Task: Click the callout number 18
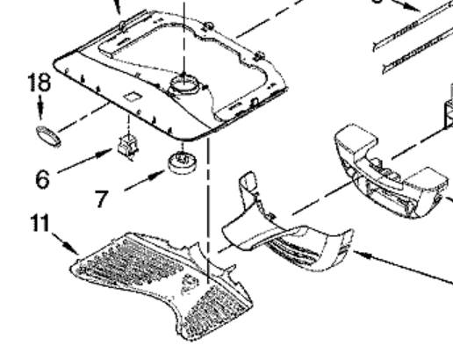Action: (40, 83)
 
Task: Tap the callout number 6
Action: (43, 178)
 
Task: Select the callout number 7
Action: (101, 198)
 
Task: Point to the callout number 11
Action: (40, 223)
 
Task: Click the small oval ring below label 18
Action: (48, 136)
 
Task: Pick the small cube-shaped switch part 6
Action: (128, 146)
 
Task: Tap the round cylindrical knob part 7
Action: (183, 162)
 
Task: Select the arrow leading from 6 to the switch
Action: (85, 161)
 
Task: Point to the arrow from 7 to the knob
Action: (145, 180)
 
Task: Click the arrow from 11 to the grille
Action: (65, 244)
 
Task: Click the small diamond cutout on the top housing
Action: (133, 97)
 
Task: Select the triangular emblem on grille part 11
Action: (190, 284)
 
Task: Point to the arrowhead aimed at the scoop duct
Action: (363, 256)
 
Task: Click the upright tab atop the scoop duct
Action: (248, 182)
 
